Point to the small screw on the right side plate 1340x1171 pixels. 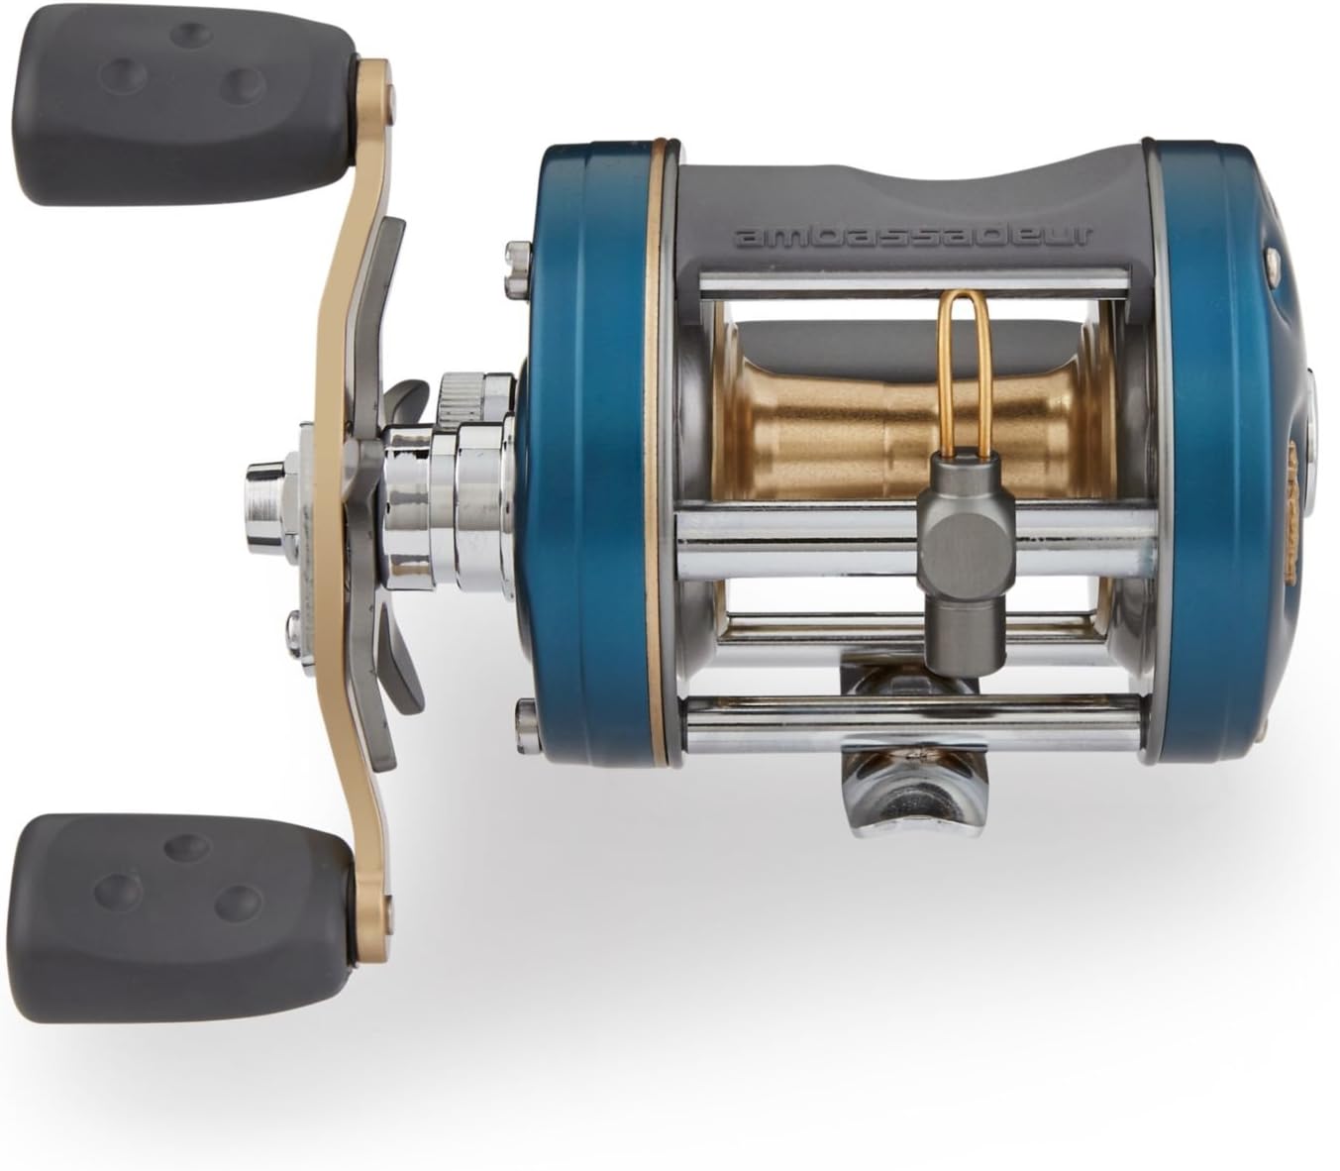[x=1270, y=260]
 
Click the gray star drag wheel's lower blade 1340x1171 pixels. [x=402, y=674]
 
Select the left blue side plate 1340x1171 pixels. [x=584, y=456]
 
